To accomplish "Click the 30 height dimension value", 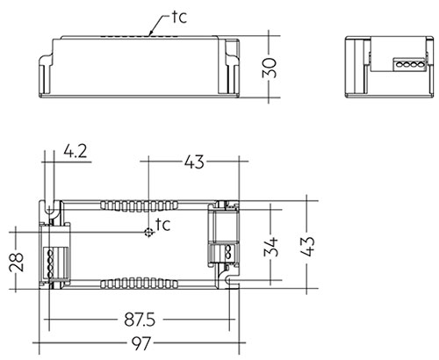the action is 270,68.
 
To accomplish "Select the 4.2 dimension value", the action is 76,152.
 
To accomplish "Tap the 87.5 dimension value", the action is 140,320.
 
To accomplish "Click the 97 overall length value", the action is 141,343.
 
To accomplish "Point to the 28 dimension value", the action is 17,263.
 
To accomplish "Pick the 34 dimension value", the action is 270,247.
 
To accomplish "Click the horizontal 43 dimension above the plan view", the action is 194,162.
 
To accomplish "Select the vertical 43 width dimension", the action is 307,247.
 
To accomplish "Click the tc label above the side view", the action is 179,18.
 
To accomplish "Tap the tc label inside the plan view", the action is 162,225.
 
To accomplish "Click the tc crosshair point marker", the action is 149,233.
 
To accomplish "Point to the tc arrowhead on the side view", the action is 151,33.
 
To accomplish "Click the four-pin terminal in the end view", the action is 409,64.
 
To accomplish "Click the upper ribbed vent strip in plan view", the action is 139,206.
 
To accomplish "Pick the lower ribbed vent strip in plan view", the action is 139,284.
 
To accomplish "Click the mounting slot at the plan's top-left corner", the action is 49,208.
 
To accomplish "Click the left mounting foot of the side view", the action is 46,75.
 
